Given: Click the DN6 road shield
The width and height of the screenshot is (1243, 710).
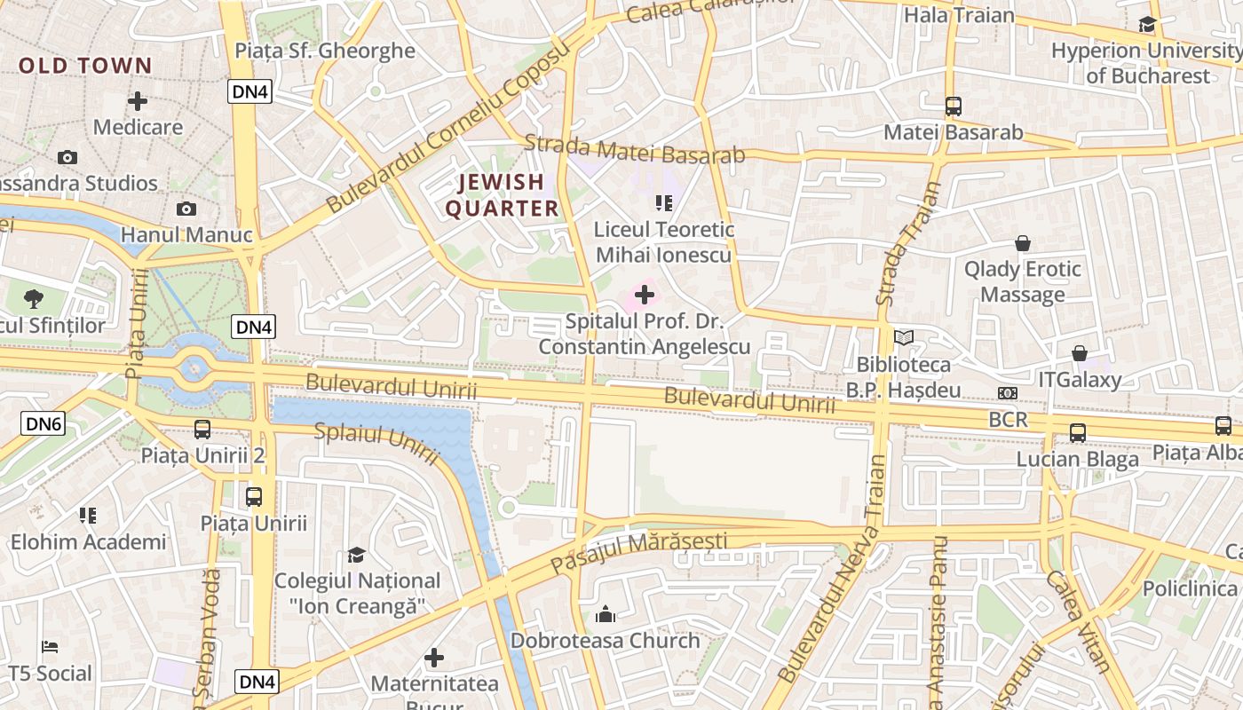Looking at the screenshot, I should point(44,424).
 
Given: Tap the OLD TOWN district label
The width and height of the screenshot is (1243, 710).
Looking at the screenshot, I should point(85,66).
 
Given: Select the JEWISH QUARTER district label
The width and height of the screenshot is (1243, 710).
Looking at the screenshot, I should point(502,195).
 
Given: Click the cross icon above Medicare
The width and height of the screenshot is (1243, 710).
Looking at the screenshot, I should point(138,101).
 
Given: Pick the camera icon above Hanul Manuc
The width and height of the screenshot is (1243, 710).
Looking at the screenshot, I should point(186,209).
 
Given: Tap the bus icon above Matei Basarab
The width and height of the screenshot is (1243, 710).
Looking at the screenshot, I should point(954,106).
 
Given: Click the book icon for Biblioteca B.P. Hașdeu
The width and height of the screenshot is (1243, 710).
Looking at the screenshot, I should point(904,338).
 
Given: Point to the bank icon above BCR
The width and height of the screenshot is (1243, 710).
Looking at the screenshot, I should point(1008,393).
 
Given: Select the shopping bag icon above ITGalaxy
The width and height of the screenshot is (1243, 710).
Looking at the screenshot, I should point(1080,354).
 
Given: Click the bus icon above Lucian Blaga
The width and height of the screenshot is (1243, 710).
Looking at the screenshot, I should point(1078,433).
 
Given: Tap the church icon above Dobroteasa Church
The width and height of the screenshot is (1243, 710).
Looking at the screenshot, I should point(606,614).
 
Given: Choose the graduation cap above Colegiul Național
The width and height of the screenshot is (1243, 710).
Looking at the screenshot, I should point(356,555).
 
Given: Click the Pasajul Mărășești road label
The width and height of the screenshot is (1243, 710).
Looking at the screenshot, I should point(639,552).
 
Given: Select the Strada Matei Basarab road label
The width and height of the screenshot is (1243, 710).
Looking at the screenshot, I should point(634,149).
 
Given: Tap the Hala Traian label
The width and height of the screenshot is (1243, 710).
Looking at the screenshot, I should point(959,15).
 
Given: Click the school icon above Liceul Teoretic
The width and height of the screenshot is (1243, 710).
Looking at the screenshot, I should point(663,203).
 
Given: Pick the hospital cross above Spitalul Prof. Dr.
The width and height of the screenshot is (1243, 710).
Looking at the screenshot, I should point(645,295).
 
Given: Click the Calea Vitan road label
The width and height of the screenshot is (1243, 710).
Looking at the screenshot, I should point(1078,621).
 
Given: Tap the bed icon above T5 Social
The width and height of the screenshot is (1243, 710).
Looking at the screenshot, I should point(50,648).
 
